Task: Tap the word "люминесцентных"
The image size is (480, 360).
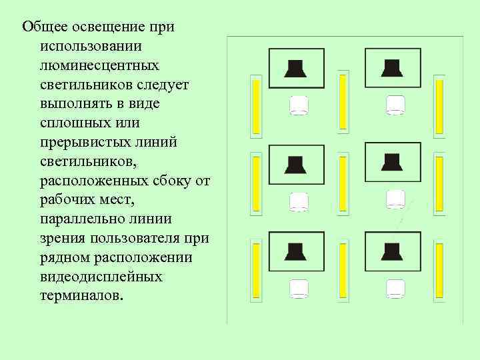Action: click(99, 65)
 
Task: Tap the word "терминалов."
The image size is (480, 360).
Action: click(81, 295)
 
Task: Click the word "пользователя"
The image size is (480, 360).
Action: click(137, 238)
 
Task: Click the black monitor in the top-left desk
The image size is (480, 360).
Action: click(295, 68)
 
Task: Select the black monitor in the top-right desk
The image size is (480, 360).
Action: click(392, 68)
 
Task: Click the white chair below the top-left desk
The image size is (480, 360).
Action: click(299, 105)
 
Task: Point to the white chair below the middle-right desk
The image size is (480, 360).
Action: click(396, 199)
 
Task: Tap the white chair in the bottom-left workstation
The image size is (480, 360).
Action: click(299, 288)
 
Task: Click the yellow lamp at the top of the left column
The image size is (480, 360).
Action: click(255, 105)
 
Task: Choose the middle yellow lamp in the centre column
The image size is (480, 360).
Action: click(343, 185)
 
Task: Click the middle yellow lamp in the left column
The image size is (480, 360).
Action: click(255, 183)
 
